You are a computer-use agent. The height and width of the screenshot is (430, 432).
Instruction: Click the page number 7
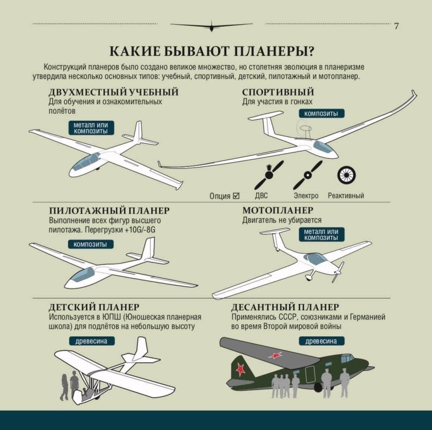(x=396, y=26)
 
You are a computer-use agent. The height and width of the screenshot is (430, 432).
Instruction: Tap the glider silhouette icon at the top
(x=211, y=25)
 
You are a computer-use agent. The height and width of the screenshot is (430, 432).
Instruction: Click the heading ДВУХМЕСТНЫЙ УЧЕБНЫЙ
(x=114, y=92)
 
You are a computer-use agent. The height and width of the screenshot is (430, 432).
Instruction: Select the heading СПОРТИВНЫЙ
(x=278, y=92)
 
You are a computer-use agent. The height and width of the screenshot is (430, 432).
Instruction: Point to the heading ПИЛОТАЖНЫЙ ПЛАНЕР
(x=109, y=211)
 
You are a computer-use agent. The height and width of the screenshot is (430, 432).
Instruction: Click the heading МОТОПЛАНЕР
(x=278, y=211)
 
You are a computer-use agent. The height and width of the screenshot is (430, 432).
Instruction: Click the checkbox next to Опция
(x=237, y=195)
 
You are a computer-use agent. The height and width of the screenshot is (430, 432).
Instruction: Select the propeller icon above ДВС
(x=270, y=175)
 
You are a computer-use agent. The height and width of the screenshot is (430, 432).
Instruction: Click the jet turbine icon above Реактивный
(x=346, y=175)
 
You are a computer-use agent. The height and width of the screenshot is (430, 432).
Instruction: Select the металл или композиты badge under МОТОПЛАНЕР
(x=321, y=235)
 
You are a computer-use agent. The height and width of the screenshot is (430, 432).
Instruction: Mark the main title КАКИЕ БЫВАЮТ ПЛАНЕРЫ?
(x=212, y=52)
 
